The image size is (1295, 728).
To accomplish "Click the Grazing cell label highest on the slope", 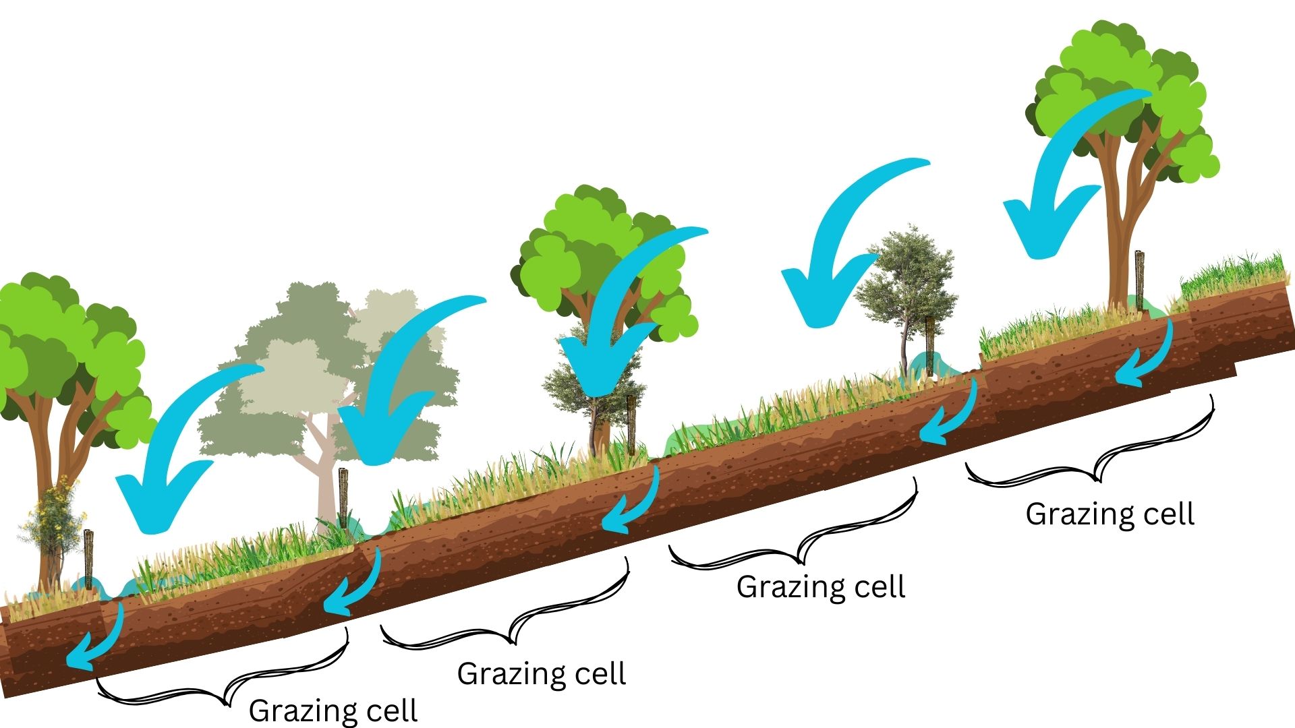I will (x=1110, y=514).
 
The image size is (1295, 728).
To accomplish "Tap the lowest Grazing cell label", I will (x=333, y=710).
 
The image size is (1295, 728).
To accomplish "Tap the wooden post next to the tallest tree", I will (x=1140, y=280).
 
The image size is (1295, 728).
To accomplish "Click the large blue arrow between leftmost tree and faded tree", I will (x=175, y=458).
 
